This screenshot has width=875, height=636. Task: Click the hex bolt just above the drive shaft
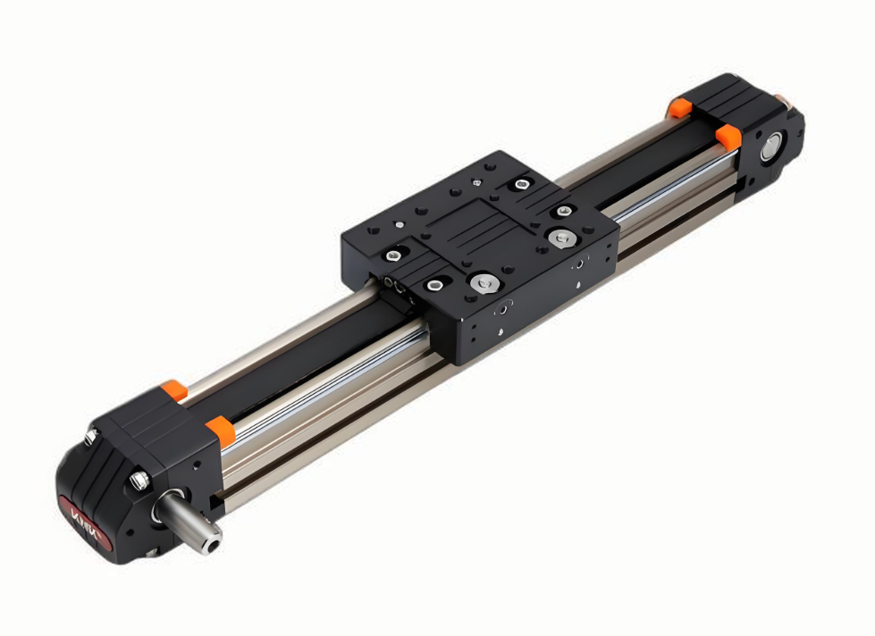tap(139, 481)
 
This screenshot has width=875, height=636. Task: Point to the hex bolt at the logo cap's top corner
tap(91, 437)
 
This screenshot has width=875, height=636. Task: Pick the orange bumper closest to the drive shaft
tap(218, 430)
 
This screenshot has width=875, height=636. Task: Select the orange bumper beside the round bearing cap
tap(728, 136)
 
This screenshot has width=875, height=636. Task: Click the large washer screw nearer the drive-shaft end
tap(484, 284)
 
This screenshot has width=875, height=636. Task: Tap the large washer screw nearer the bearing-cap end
tap(561, 238)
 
